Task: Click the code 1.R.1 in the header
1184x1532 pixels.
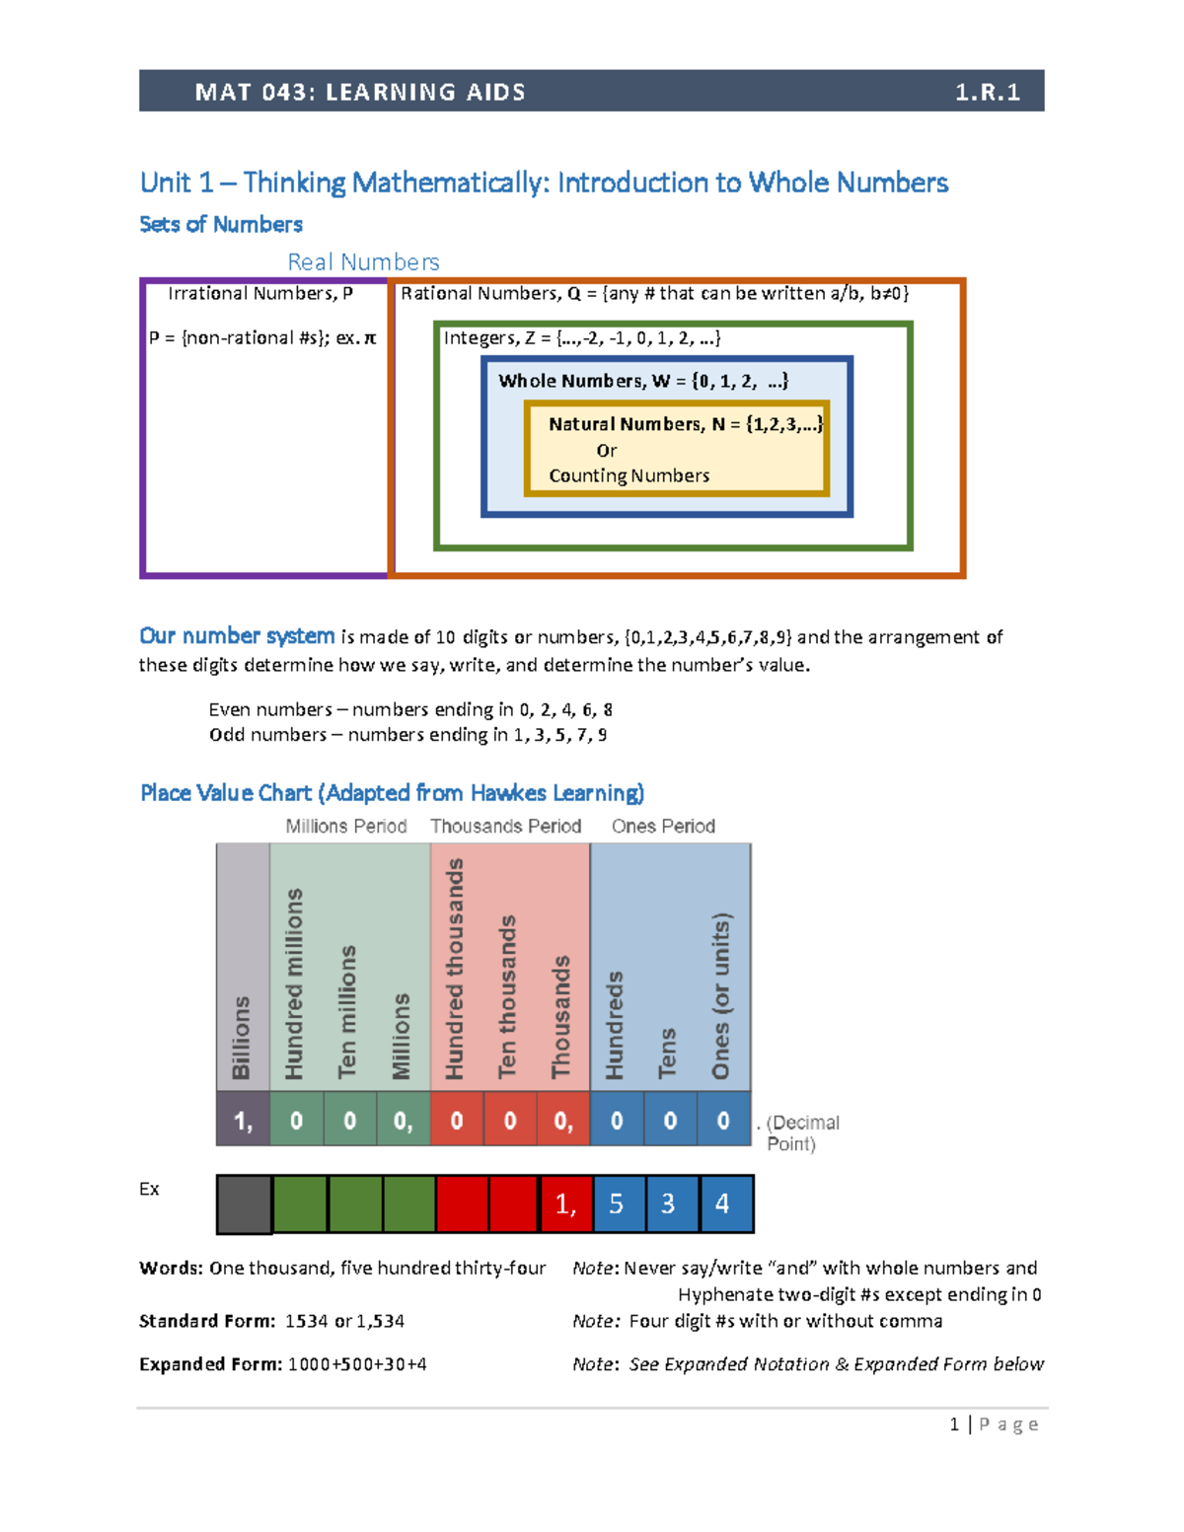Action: (986, 92)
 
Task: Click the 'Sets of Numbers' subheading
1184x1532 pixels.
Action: (221, 224)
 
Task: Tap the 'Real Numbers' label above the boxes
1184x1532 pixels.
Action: (363, 261)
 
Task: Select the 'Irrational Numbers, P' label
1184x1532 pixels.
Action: (260, 293)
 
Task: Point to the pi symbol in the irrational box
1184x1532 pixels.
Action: (370, 338)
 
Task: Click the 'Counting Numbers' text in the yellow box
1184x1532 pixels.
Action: (629, 475)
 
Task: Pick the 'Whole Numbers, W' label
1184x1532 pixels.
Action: (570, 381)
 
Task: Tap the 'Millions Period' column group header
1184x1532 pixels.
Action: (345, 826)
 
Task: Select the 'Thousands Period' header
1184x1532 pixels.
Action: (505, 826)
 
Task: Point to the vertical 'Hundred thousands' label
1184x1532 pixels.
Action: (455, 969)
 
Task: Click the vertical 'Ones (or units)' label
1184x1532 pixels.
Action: (721, 996)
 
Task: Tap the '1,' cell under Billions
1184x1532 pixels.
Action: (243, 1120)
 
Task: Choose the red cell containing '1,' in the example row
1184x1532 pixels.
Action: (566, 1204)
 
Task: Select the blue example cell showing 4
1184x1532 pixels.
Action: (724, 1204)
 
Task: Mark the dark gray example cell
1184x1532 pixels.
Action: (244, 1204)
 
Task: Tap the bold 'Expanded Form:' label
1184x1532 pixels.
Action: (210, 1364)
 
